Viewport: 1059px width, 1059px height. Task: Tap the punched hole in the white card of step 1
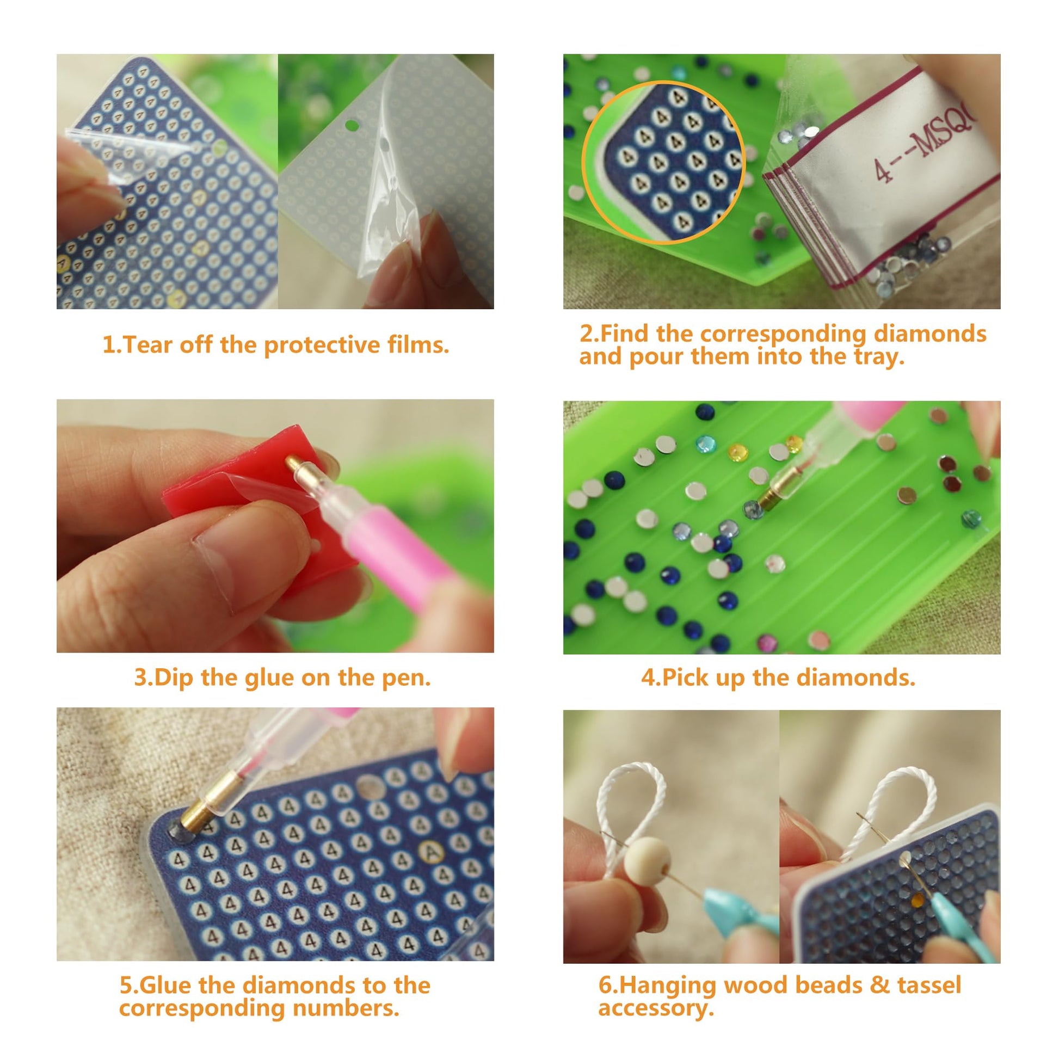pyautogui.click(x=352, y=126)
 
